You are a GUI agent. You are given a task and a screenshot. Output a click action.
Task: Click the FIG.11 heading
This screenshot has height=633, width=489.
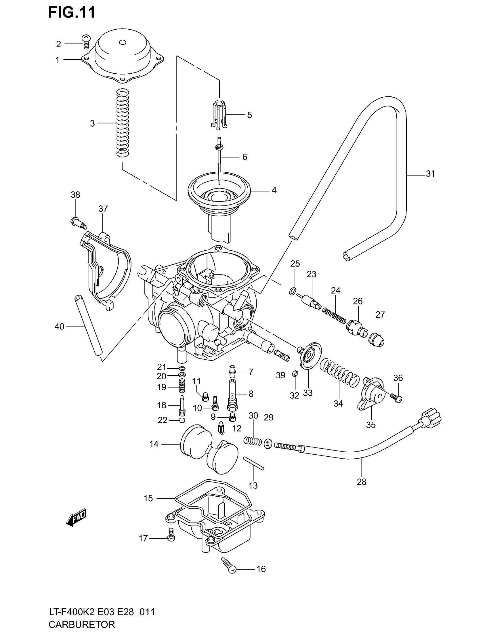[x=72, y=13]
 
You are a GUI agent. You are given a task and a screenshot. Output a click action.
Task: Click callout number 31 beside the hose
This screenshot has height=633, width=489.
[x=431, y=174]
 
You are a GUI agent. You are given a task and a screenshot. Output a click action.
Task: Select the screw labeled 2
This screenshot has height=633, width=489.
[x=85, y=42]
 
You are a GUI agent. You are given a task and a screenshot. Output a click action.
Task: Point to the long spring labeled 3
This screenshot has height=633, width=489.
[x=123, y=123]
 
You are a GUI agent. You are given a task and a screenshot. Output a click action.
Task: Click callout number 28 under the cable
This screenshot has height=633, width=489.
[x=362, y=482]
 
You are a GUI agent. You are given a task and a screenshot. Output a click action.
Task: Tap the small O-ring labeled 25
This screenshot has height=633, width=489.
[x=293, y=291]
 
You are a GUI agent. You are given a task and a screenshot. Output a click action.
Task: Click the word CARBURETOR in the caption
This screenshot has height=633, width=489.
[x=82, y=624]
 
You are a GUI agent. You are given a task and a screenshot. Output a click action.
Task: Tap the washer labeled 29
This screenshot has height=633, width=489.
[x=268, y=443]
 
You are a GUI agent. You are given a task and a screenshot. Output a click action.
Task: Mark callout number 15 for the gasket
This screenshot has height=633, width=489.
[x=148, y=498]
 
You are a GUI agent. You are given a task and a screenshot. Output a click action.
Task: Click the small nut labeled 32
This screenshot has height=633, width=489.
[x=295, y=374]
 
